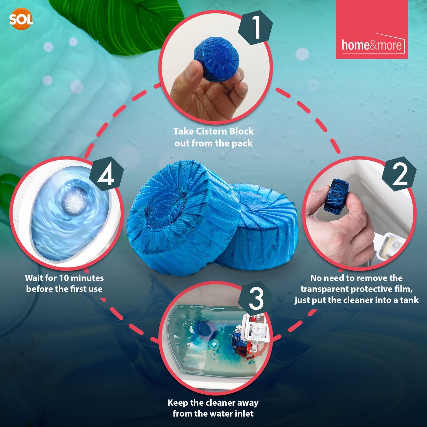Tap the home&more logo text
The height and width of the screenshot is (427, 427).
point(371,45)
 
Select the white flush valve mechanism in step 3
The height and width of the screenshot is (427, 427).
point(255,331)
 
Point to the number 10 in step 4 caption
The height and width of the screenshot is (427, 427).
point(64,278)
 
